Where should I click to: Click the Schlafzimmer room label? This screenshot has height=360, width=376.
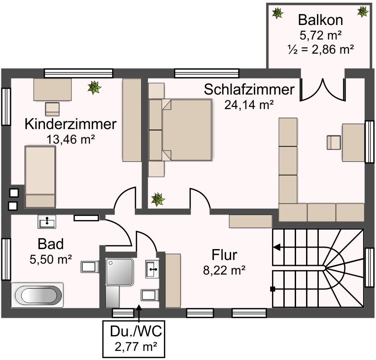pyautogui.click(x=249, y=90)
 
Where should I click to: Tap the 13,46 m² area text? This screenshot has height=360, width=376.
pyautogui.click(x=70, y=139)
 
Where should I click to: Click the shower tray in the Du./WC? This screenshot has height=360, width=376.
pyautogui.click(x=119, y=272)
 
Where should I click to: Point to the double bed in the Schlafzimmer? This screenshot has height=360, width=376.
pyautogui.click(x=187, y=130)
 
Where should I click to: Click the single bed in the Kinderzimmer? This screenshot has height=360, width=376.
pyautogui.click(x=40, y=176)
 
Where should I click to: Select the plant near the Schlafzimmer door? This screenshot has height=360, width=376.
pyautogui.click(x=158, y=199)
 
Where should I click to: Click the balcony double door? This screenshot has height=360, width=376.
pyautogui.click(x=322, y=90)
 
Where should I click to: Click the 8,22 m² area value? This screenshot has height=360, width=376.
pyautogui.click(x=224, y=270)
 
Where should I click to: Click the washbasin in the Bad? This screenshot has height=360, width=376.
pyautogui.click(x=47, y=222)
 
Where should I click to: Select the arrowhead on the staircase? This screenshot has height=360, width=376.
pyautogui.click(x=276, y=248)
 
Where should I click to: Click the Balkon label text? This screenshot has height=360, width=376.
pyautogui.click(x=320, y=20)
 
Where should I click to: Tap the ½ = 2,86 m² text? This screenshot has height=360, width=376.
pyautogui.click(x=321, y=49)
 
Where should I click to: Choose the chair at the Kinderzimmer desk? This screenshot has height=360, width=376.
pyautogui.click(x=52, y=109)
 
